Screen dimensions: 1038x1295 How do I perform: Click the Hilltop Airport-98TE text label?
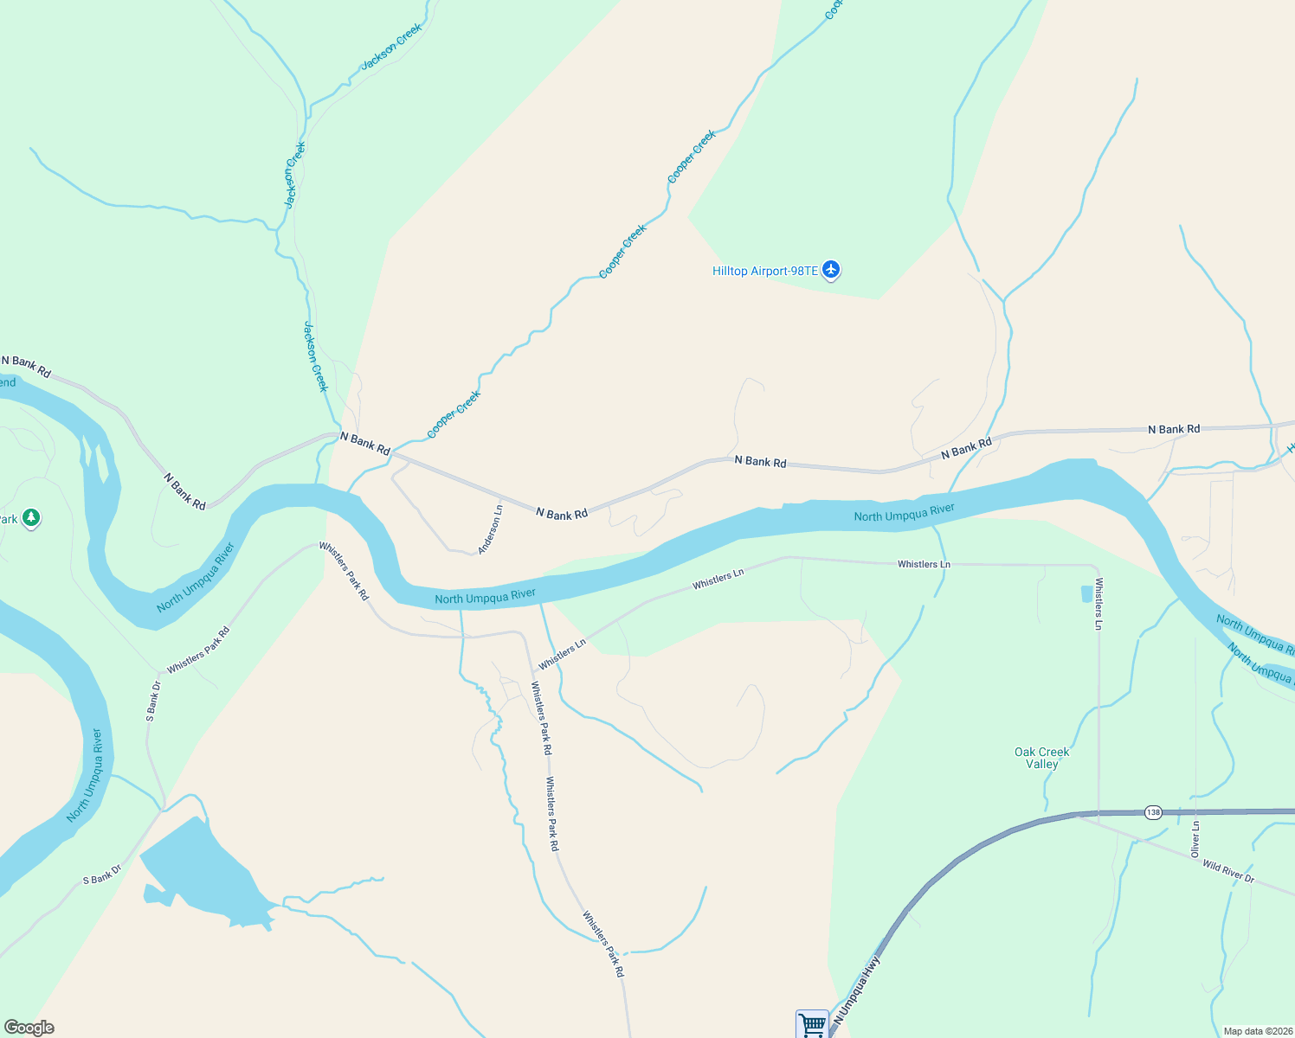click(764, 272)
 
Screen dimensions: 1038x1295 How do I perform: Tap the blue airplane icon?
click(831, 270)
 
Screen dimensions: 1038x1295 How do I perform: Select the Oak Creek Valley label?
click(1041, 758)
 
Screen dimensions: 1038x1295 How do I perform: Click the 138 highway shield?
click(1153, 812)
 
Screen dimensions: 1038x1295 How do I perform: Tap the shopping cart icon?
click(812, 1025)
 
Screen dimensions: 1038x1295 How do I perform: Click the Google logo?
click(29, 1028)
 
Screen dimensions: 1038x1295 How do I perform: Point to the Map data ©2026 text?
click(1257, 1031)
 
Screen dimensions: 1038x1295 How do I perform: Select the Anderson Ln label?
click(490, 529)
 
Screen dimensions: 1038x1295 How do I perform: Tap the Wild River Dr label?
click(1227, 871)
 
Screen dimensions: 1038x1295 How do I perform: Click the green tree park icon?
click(31, 518)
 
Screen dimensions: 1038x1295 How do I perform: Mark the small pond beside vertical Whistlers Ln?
click(1086, 593)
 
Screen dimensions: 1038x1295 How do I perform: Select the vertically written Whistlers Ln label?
click(1098, 603)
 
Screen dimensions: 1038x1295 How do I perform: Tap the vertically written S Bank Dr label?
click(153, 702)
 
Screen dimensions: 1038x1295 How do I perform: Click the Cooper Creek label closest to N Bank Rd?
click(454, 414)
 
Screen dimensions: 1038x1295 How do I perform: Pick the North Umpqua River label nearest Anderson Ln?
click(485, 597)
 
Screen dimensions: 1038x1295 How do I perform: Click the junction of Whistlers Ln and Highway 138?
click(1098, 813)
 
